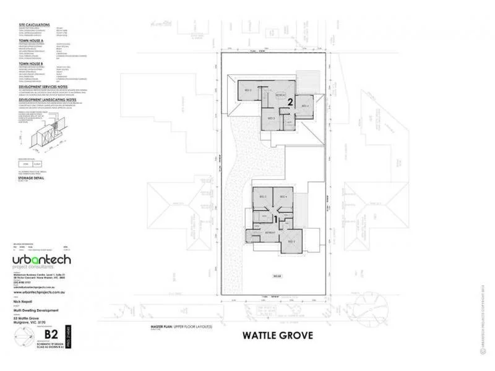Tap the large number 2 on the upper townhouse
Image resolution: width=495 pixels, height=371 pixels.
[289, 101]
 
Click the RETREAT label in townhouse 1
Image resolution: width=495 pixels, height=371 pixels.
[270, 232]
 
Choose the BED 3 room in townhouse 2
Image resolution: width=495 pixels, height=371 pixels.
[270, 118]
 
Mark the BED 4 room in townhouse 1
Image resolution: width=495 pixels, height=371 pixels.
[283, 197]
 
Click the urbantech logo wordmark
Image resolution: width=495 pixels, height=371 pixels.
[42, 258]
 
